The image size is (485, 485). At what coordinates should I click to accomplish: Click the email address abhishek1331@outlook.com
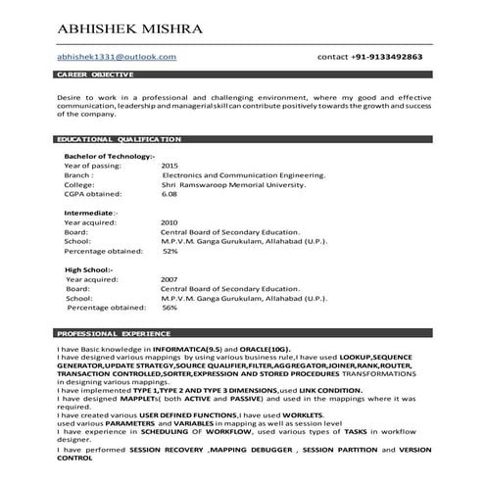(x=116, y=57)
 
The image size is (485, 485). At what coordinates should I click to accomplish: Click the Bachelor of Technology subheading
(x=109, y=157)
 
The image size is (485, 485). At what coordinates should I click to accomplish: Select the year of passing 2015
(x=170, y=166)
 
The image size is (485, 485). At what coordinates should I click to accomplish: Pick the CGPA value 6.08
(x=170, y=194)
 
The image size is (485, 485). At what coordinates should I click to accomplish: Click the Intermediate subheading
(x=90, y=213)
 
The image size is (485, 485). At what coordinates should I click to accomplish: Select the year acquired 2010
(x=170, y=222)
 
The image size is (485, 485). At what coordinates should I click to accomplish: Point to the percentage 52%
(x=170, y=251)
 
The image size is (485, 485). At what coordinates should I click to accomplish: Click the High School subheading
(x=88, y=269)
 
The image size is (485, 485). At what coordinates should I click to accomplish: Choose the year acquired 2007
(x=170, y=279)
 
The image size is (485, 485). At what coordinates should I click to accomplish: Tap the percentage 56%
(x=170, y=308)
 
